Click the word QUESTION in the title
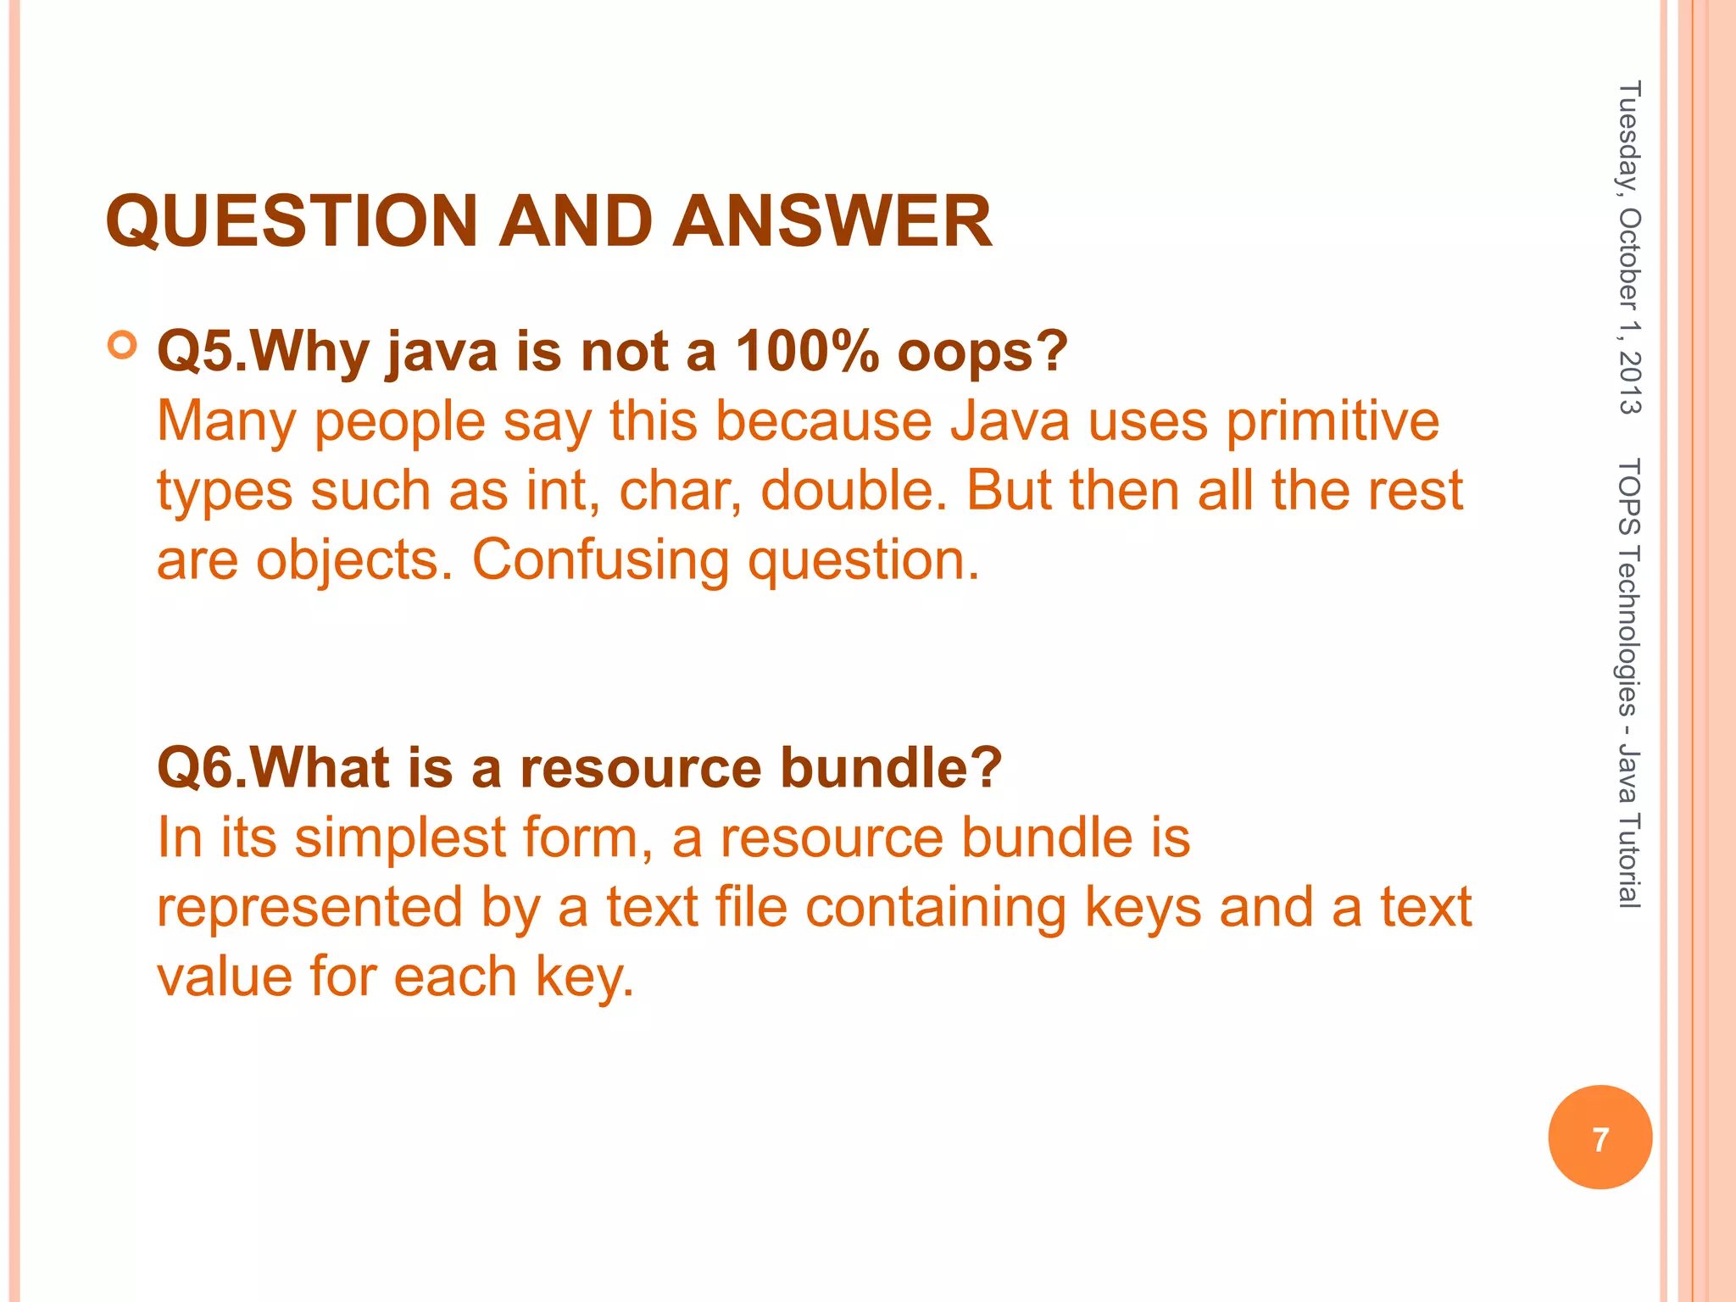[292, 221]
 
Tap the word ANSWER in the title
[832, 221]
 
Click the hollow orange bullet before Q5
[124, 346]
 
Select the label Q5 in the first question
[193, 351]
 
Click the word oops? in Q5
[982, 353]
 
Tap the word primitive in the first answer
[1333, 421]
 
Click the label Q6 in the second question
[193, 768]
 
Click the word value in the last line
[225, 976]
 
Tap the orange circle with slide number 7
[1600, 1138]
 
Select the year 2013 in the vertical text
[1629, 381]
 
